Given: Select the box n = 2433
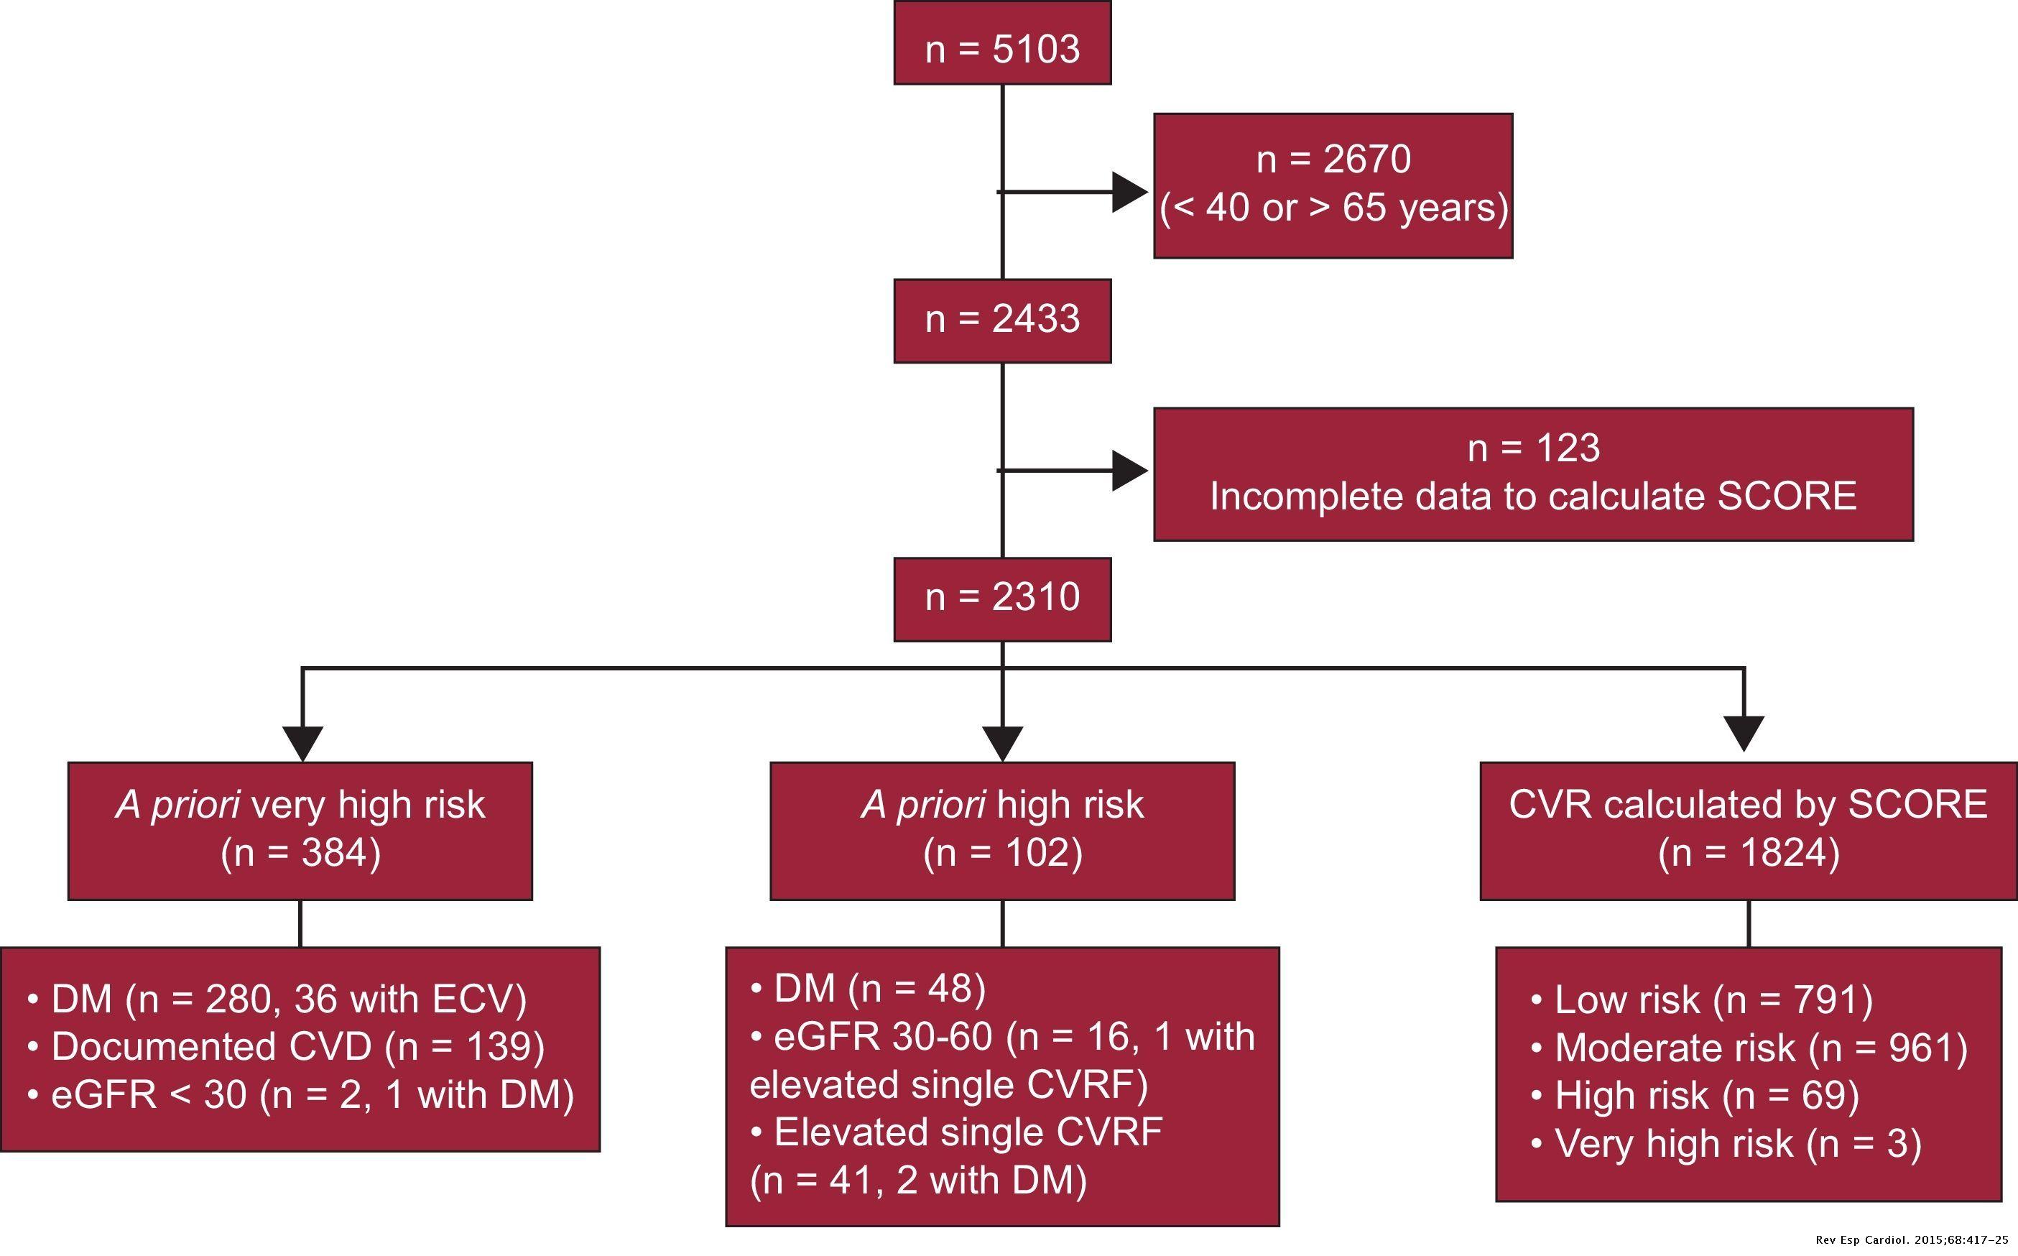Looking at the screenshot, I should (x=1001, y=320).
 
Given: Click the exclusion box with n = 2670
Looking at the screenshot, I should (x=1332, y=185).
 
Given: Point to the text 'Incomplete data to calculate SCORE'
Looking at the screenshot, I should (x=1532, y=497).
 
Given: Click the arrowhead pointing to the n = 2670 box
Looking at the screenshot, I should (x=1129, y=192).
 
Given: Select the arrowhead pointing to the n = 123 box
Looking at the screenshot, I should (x=1129, y=471).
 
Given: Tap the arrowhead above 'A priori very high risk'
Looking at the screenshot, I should (x=302, y=742).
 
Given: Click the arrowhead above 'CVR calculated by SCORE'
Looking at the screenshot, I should (x=1744, y=732).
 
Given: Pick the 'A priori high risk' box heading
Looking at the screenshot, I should (x=1001, y=805).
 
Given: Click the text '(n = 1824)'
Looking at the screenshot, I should (x=1748, y=853).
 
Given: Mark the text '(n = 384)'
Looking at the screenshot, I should (x=300, y=853).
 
